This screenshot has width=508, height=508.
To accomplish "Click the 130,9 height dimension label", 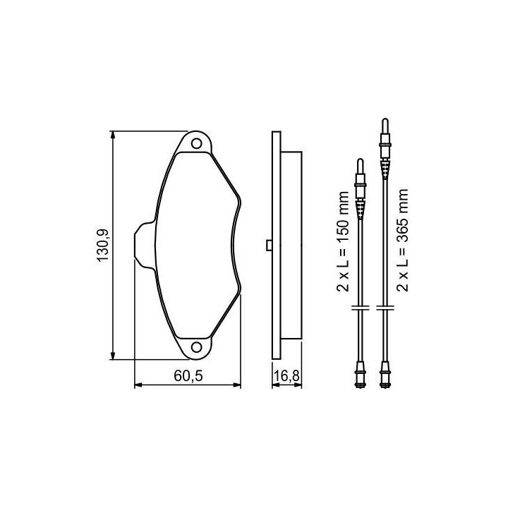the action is (x=103, y=246).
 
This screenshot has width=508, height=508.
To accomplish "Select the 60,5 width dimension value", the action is (x=188, y=376).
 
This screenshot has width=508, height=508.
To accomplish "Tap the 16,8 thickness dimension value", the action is (x=286, y=376).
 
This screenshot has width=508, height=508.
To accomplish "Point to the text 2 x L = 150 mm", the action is (x=343, y=241).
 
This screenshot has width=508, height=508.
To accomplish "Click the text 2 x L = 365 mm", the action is (x=402, y=241).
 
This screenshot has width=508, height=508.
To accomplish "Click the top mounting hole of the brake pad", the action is (x=196, y=143).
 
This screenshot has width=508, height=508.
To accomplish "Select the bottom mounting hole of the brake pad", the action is (x=196, y=347).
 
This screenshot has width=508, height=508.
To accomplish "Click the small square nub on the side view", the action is (x=269, y=246).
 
